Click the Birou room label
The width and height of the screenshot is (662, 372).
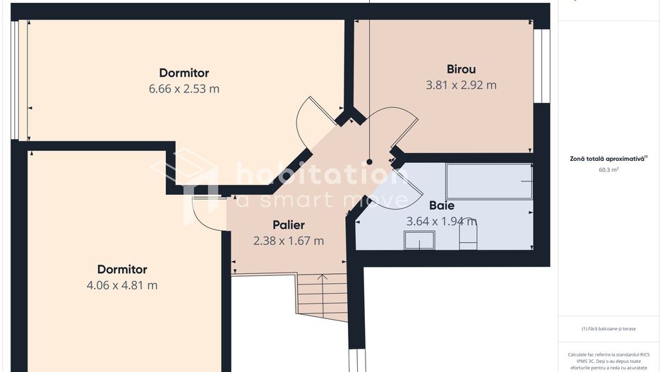point(461,69)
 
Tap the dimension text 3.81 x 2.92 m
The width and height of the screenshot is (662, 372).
point(461,85)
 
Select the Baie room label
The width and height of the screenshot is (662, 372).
point(442,205)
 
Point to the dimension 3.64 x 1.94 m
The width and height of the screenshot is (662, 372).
point(441,221)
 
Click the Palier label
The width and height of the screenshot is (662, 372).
point(288,225)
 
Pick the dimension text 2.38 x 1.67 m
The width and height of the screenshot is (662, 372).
point(288,241)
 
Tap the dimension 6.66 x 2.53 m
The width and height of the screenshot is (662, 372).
point(183,89)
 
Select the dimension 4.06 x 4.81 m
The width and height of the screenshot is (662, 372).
point(122,285)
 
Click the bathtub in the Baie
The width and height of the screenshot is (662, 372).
point(488,181)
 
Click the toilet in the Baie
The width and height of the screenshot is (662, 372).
point(469,236)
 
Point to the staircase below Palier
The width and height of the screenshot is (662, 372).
point(322,296)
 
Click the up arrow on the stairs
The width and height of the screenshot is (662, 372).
point(322,277)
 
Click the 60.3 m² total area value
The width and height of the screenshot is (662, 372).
point(608,169)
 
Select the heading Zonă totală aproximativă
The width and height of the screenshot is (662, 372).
point(608,159)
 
